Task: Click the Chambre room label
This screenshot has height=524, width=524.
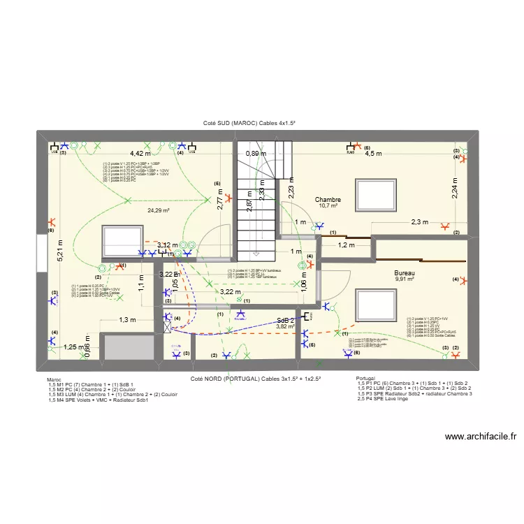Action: [327, 199]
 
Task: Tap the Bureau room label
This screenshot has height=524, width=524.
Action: [404, 272]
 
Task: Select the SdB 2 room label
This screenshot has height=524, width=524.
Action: [284, 320]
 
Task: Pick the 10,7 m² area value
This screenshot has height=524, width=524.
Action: [328, 206]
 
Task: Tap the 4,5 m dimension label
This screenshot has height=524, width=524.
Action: [374, 154]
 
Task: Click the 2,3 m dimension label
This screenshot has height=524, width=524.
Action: [419, 223]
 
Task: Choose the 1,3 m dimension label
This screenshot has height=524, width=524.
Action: [127, 320]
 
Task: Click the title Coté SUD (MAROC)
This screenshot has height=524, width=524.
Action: [249, 123]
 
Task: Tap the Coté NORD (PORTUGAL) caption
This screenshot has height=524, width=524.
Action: [256, 378]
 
